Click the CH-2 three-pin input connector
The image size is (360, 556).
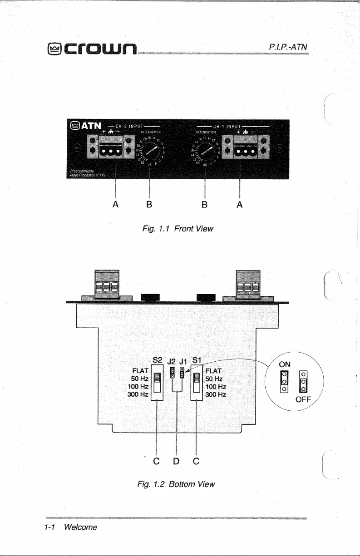point(107,151)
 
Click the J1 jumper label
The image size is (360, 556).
point(184,362)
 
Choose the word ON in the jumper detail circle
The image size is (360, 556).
point(285,364)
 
